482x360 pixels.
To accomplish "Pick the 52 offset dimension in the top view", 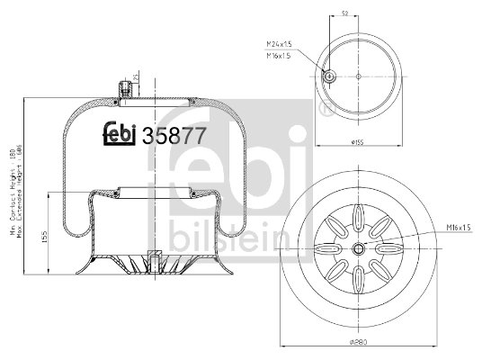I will [x=345, y=13].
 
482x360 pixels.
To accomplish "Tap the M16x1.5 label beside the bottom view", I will [x=459, y=228].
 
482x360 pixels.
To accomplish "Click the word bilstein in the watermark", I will [x=229, y=236].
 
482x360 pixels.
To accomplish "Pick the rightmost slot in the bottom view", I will [x=391, y=249].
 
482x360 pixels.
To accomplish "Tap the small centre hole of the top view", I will [x=358, y=76].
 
